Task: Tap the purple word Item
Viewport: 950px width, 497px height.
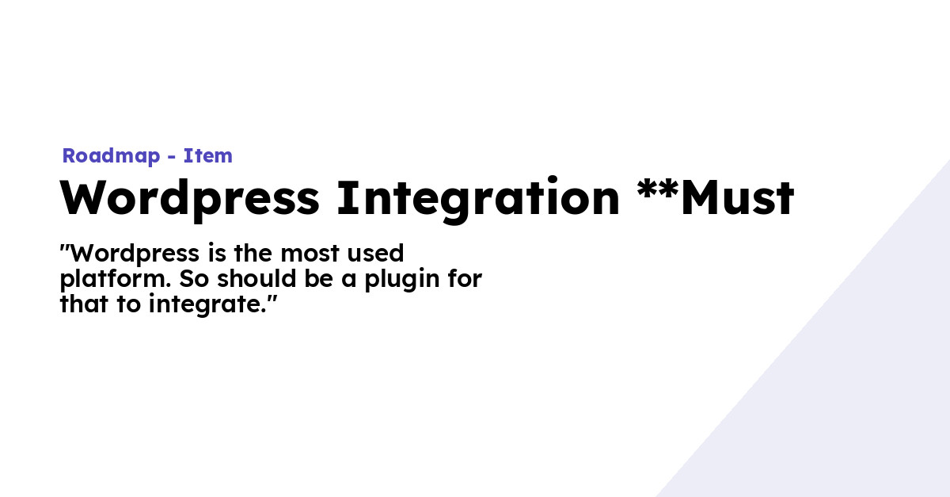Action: pos(208,156)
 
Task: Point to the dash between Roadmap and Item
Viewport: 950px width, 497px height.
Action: pos(172,157)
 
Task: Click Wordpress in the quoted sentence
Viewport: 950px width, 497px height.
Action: pos(135,254)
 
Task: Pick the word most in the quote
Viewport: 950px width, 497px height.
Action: pos(311,254)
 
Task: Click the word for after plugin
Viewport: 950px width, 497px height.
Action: pos(466,280)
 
